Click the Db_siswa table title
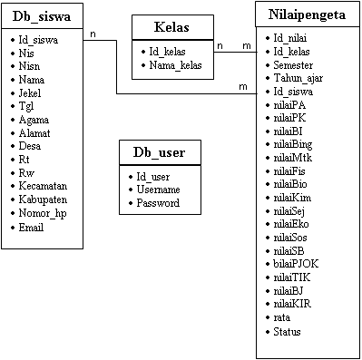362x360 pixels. (x=44, y=16)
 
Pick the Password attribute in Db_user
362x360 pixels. (x=158, y=202)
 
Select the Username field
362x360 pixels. (x=159, y=190)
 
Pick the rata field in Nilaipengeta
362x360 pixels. (x=283, y=318)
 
